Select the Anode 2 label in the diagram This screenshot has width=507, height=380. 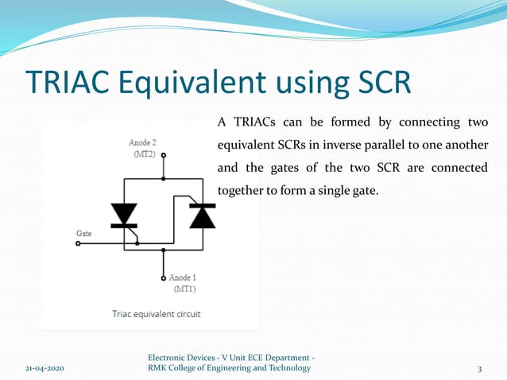pos(142,143)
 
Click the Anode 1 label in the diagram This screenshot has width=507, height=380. pos(186,277)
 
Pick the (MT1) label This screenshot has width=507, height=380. pos(186,289)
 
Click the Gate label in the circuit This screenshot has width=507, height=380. pos(83,234)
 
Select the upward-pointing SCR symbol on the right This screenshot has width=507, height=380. pos(202,215)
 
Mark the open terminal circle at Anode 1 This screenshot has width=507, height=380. pos(164,278)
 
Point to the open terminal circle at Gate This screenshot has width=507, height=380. pos(78,244)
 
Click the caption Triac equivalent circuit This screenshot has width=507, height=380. pos(155,314)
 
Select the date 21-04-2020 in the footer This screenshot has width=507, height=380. pos(43,369)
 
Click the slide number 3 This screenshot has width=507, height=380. pos(479,369)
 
